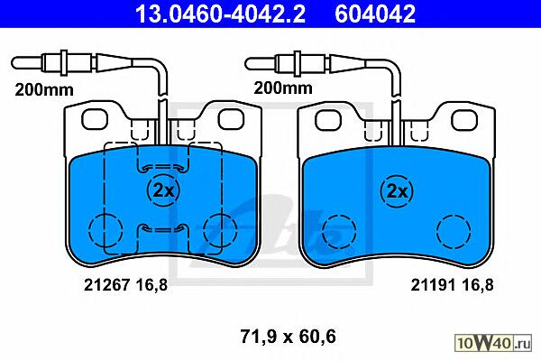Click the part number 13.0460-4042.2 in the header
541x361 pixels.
(220, 14)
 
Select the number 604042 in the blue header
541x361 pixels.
(375, 14)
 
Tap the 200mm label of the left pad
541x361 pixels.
(44, 90)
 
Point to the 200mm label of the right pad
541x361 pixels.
(283, 88)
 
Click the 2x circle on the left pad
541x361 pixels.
(163, 190)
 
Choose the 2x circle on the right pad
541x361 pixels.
(397, 190)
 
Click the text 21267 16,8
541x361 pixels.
(125, 285)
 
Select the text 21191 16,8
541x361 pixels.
(452, 285)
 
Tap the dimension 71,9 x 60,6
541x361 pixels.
(288, 336)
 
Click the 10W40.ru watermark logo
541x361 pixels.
(493, 343)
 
